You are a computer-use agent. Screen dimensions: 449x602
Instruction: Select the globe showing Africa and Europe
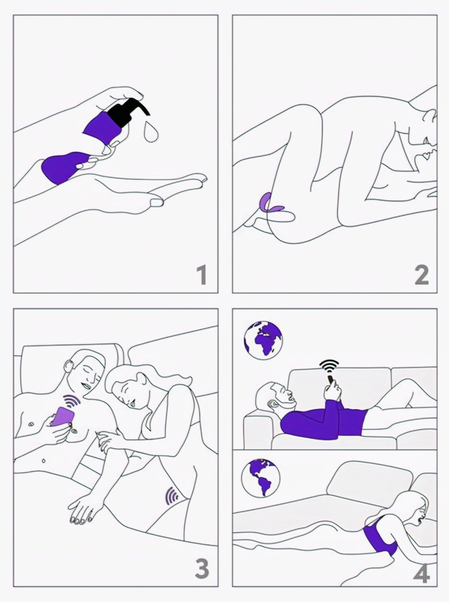pos(263,340)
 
